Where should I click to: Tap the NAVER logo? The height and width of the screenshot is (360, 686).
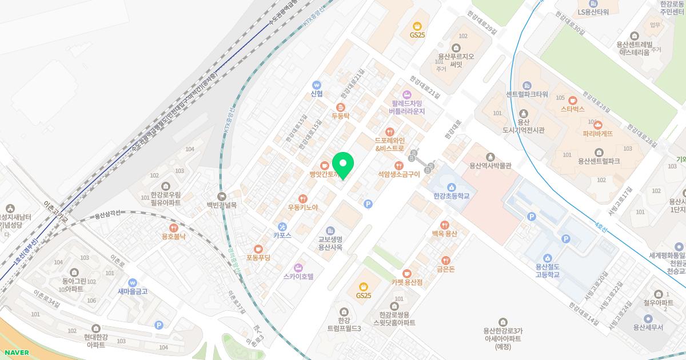pos(15,353)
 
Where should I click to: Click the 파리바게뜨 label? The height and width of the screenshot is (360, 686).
pos(598,134)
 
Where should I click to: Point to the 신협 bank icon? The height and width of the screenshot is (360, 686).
pos(317,85)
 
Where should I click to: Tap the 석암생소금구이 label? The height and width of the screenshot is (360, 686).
pos(399,174)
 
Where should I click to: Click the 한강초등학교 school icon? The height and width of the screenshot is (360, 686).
pos(451,187)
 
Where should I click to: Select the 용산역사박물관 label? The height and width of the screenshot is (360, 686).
pos(490,166)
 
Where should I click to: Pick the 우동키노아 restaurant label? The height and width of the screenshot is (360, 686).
pos(303,207)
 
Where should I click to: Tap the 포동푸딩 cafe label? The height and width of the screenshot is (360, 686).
pos(258,258)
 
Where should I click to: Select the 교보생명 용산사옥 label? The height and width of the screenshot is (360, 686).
pos(330,243)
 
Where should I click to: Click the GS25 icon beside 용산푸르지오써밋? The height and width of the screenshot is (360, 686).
pos(417,25)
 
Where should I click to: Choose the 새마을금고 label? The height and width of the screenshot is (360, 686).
pos(133,291)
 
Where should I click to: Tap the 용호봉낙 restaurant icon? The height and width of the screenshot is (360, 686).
pos(174,227)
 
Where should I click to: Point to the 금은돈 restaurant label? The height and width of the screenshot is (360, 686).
pos(445,269)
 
